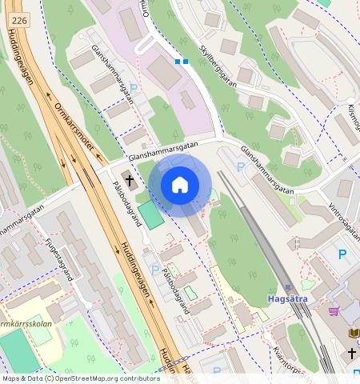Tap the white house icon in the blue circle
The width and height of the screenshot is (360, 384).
[x=180, y=185]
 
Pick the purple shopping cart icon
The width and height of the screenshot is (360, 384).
[x=334, y=311]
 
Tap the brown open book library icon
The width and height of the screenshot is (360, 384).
[x=353, y=333]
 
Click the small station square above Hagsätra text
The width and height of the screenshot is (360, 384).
[x=287, y=287]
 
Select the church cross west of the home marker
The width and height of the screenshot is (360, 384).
[x=130, y=178]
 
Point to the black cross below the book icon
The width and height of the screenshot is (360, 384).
[x=352, y=353]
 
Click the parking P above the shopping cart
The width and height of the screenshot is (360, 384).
[x=343, y=254]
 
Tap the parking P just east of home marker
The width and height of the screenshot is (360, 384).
[x=242, y=167]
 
